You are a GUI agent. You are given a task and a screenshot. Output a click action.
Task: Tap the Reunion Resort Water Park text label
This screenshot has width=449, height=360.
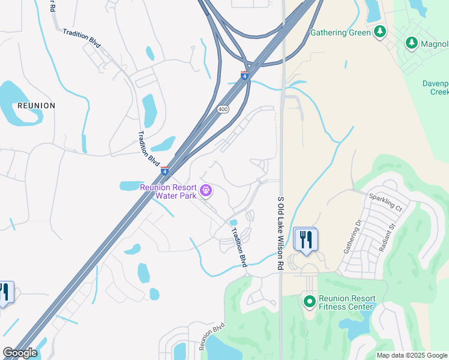pyautogui.click(x=169, y=191)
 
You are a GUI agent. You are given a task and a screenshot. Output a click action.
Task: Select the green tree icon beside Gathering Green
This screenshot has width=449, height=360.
pyautogui.click(x=379, y=32)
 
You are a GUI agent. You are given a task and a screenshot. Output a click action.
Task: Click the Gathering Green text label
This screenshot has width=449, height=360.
pyautogui.click(x=340, y=32)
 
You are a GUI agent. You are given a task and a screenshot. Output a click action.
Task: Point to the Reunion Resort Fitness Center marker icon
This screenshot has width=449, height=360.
pyautogui.click(x=310, y=301)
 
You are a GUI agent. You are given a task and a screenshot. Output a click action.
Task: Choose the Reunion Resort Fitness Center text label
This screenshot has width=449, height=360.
pyautogui.click(x=347, y=302)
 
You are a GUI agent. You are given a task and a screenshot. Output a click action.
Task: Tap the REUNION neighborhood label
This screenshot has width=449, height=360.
pyautogui.click(x=37, y=106)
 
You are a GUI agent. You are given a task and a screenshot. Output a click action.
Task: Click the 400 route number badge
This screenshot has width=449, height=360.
pyautogui.click(x=223, y=109)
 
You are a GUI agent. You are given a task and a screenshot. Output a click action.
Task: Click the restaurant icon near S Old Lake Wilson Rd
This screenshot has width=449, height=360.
pyautogui.click(x=306, y=240)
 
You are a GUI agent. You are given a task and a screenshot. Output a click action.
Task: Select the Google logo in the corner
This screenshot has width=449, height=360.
pyautogui.click(x=20, y=353)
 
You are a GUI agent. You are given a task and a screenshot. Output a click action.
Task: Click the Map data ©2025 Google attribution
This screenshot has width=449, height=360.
pyautogui.click(x=412, y=355)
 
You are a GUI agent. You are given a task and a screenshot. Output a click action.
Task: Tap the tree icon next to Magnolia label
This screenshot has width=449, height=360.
pyautogui.click(x=411, y=43)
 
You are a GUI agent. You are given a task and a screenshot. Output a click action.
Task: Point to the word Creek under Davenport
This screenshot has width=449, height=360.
pyautogui.click(x=440, y=92)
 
